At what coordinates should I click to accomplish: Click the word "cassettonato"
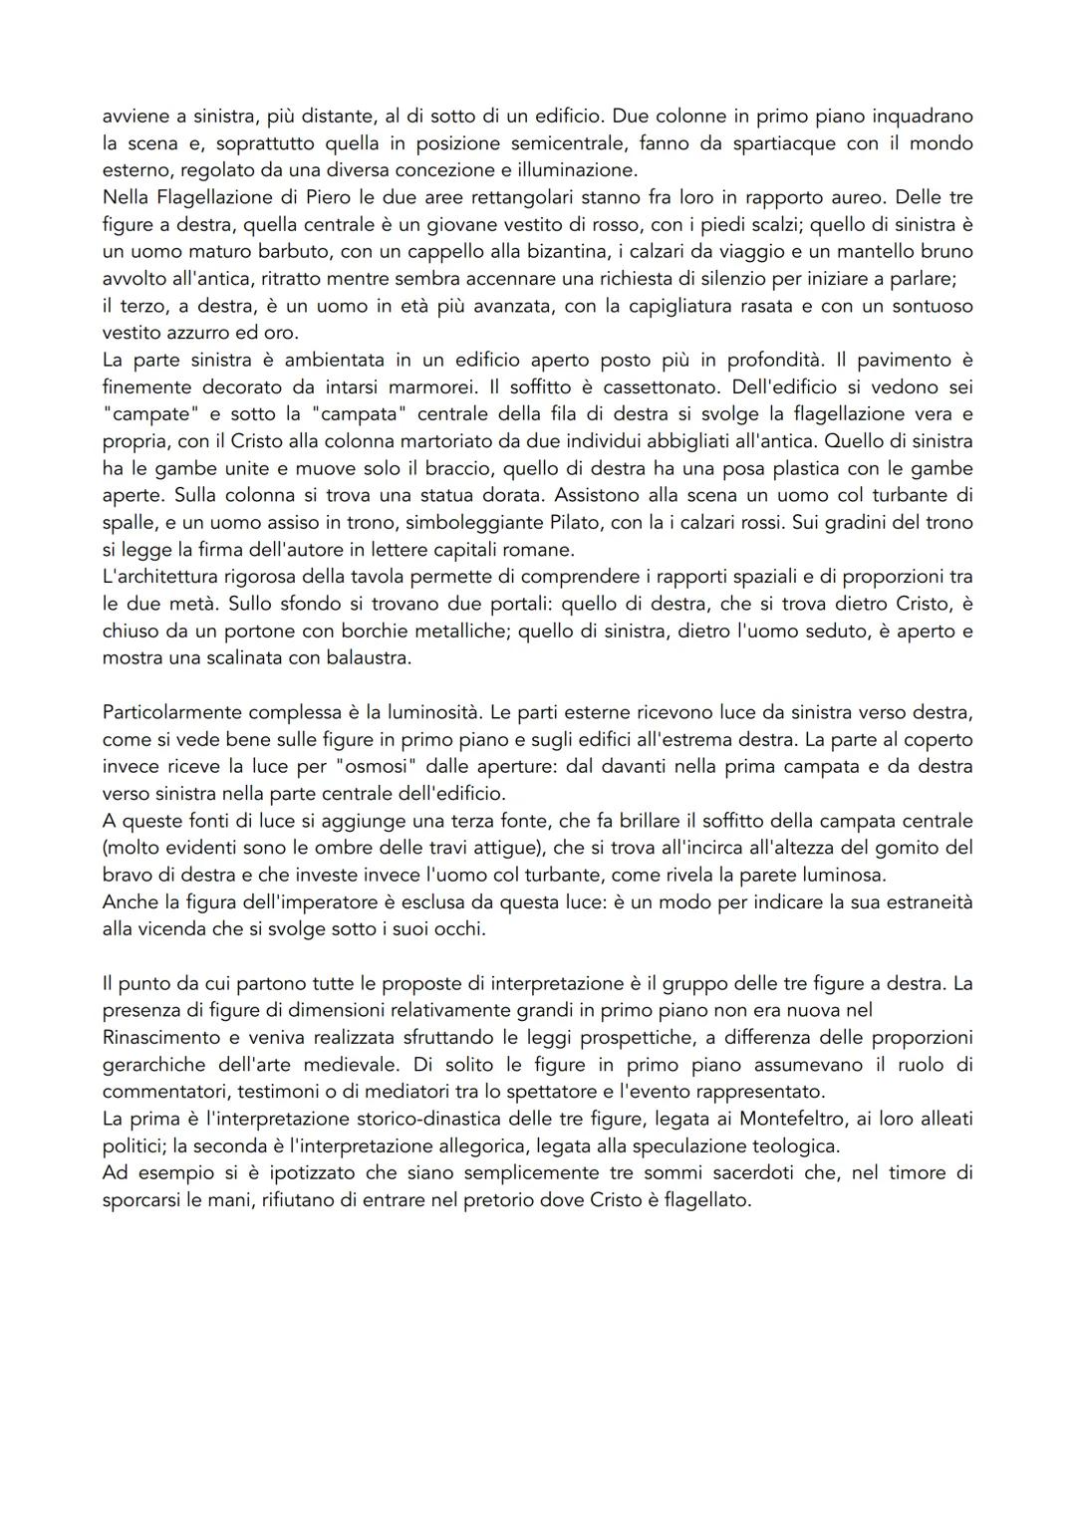tap(660, 386)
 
